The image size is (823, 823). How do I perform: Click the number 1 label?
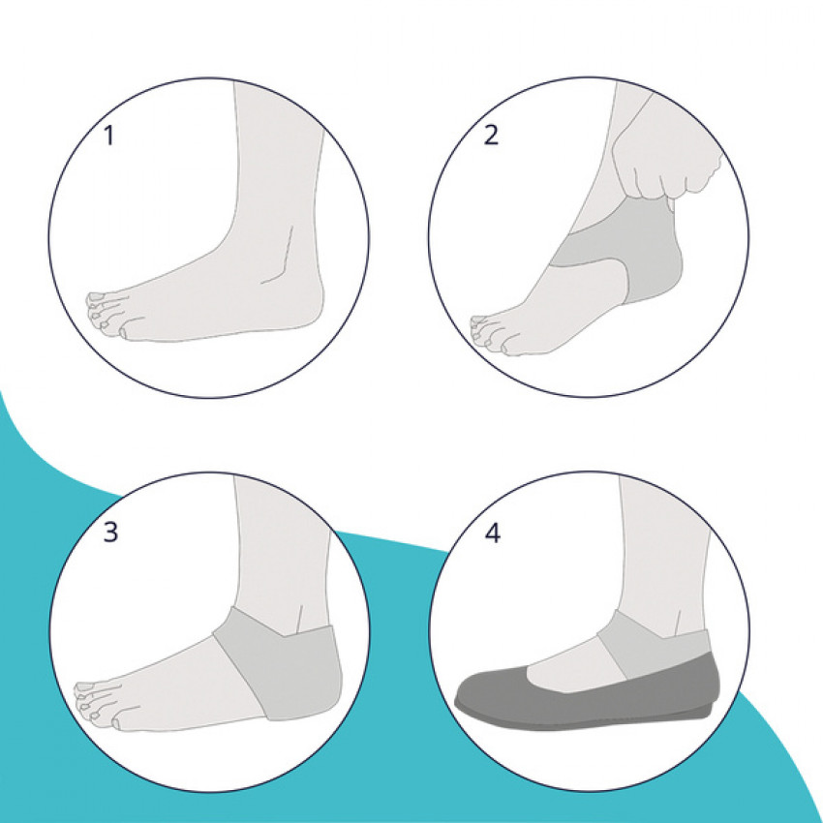click(x=109, y=136)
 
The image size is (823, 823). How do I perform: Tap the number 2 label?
click(x=490, y=135)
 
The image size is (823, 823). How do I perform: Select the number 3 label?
click(x=110, y=533)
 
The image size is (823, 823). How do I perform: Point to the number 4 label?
click(x=492, y=533)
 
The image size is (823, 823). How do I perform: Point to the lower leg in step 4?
click(x=664, y=557)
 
